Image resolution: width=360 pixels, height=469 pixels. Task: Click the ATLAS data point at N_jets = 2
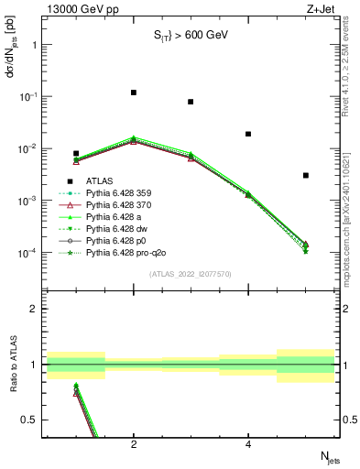(x=134, y=93)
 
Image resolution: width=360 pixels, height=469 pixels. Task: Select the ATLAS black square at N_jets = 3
(x=191, y=102)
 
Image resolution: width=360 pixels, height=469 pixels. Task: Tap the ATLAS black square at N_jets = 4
(x=248, y=134)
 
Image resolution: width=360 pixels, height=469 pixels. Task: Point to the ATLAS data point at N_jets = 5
(x=306, y=175)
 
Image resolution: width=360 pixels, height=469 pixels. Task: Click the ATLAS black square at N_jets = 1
(x=76, y=154)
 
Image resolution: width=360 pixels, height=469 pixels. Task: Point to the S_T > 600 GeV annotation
(x=190, y=35)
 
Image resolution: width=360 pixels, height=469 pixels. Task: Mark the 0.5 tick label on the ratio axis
(x=35, y=420)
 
